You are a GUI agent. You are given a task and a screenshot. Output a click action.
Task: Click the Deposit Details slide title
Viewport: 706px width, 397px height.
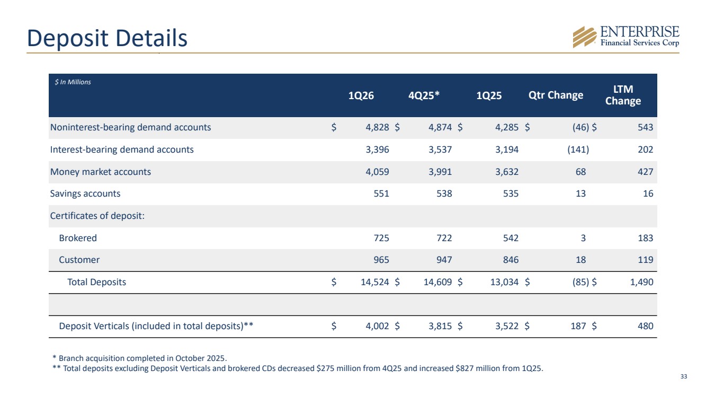point(107,38)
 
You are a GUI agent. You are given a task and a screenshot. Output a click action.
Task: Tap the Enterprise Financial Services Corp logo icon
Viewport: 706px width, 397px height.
point(585,37)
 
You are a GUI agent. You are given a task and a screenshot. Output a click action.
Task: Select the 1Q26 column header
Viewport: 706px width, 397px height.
point(361,95)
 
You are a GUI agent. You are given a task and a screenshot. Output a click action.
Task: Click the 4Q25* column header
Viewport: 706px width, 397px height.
point(424,95)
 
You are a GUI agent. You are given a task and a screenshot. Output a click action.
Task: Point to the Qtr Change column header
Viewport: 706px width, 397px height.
point(556,95)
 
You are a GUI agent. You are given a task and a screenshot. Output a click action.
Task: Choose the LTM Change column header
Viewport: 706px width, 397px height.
point(623,95)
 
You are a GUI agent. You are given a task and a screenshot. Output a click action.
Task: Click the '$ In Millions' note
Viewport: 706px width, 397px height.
point(73,82)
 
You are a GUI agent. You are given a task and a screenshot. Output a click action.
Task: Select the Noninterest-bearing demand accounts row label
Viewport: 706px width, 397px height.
point(130,127)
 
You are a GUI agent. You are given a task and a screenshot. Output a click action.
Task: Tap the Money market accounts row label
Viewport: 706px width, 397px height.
point(101,172)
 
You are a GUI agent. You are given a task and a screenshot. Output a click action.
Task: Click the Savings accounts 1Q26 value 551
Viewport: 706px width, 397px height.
point(381,193)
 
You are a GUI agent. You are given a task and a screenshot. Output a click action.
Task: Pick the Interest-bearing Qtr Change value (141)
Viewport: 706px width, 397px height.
point(578,149)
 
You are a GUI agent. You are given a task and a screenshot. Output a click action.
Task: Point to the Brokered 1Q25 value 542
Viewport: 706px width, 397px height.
point(511,238)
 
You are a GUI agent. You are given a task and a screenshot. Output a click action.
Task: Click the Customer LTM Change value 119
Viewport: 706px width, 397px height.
point(646,260)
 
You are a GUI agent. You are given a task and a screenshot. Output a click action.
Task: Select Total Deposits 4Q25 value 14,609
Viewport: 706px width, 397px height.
point(437,282)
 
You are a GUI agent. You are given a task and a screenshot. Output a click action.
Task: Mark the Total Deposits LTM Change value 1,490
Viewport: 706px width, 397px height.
point(641,282)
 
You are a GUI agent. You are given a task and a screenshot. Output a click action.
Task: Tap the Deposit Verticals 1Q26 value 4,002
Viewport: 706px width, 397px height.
point(377,326)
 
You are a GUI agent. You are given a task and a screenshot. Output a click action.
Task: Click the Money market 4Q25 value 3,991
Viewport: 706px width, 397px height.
point(440,172)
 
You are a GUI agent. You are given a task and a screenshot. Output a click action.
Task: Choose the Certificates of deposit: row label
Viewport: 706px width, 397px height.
point(97,216)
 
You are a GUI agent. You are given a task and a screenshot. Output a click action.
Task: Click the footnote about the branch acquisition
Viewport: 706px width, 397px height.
point(140,358)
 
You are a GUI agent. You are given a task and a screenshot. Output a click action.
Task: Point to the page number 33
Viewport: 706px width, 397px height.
point(684,376)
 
